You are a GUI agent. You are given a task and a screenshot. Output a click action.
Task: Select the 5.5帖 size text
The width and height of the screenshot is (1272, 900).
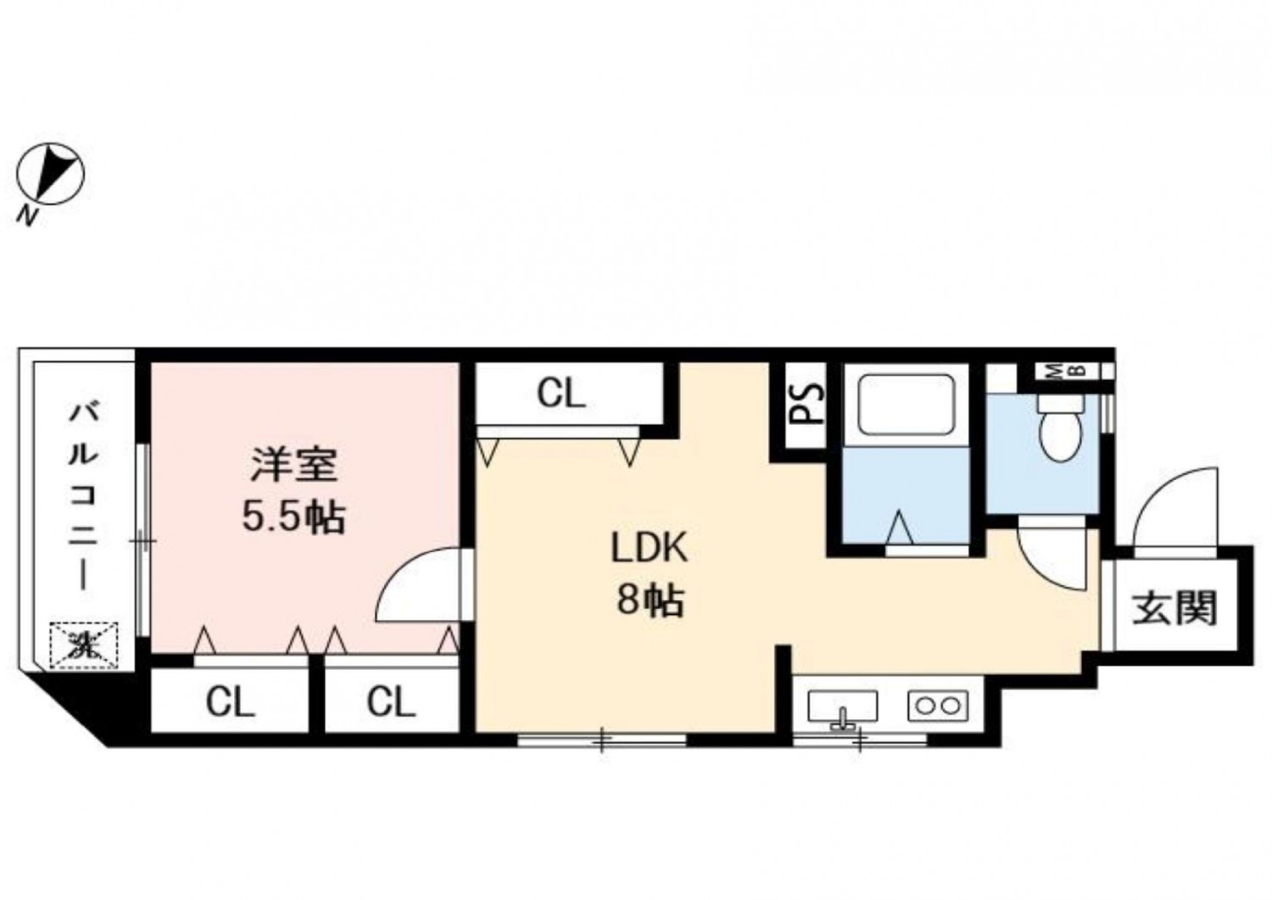294,517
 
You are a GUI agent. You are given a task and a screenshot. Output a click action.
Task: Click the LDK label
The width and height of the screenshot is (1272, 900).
649,548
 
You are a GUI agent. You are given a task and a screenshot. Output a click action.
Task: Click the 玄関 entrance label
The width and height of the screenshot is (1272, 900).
1174,608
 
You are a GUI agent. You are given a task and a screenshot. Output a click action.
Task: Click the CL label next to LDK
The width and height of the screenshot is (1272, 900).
561,394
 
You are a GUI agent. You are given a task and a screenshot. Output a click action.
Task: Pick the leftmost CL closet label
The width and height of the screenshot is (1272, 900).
230,702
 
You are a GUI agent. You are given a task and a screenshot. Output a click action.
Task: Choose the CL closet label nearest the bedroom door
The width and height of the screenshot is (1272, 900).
391,702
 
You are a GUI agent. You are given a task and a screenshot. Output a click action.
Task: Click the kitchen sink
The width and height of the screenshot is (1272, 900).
843,707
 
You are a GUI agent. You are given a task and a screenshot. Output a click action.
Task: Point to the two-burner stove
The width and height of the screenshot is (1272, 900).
938,707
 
